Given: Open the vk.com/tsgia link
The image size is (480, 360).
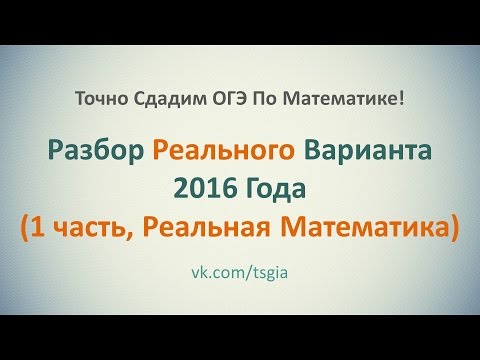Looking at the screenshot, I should (x=240, y=273).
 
